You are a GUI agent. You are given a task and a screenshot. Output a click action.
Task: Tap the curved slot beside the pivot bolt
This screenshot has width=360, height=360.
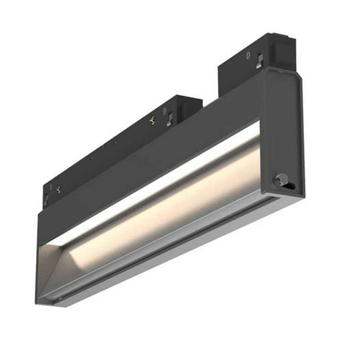[290, 184]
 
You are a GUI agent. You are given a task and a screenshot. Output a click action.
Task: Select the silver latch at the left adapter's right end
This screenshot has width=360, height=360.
[170, 118]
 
